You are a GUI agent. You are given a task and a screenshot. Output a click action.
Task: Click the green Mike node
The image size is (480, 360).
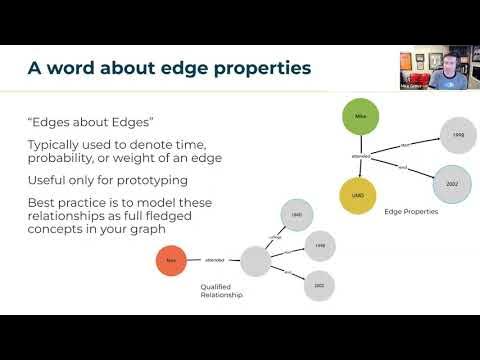pos(361,117)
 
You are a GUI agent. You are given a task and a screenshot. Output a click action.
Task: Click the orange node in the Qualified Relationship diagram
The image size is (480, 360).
pos(172,262)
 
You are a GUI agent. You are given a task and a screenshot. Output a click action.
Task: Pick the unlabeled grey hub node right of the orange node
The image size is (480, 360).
pos(255,262)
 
